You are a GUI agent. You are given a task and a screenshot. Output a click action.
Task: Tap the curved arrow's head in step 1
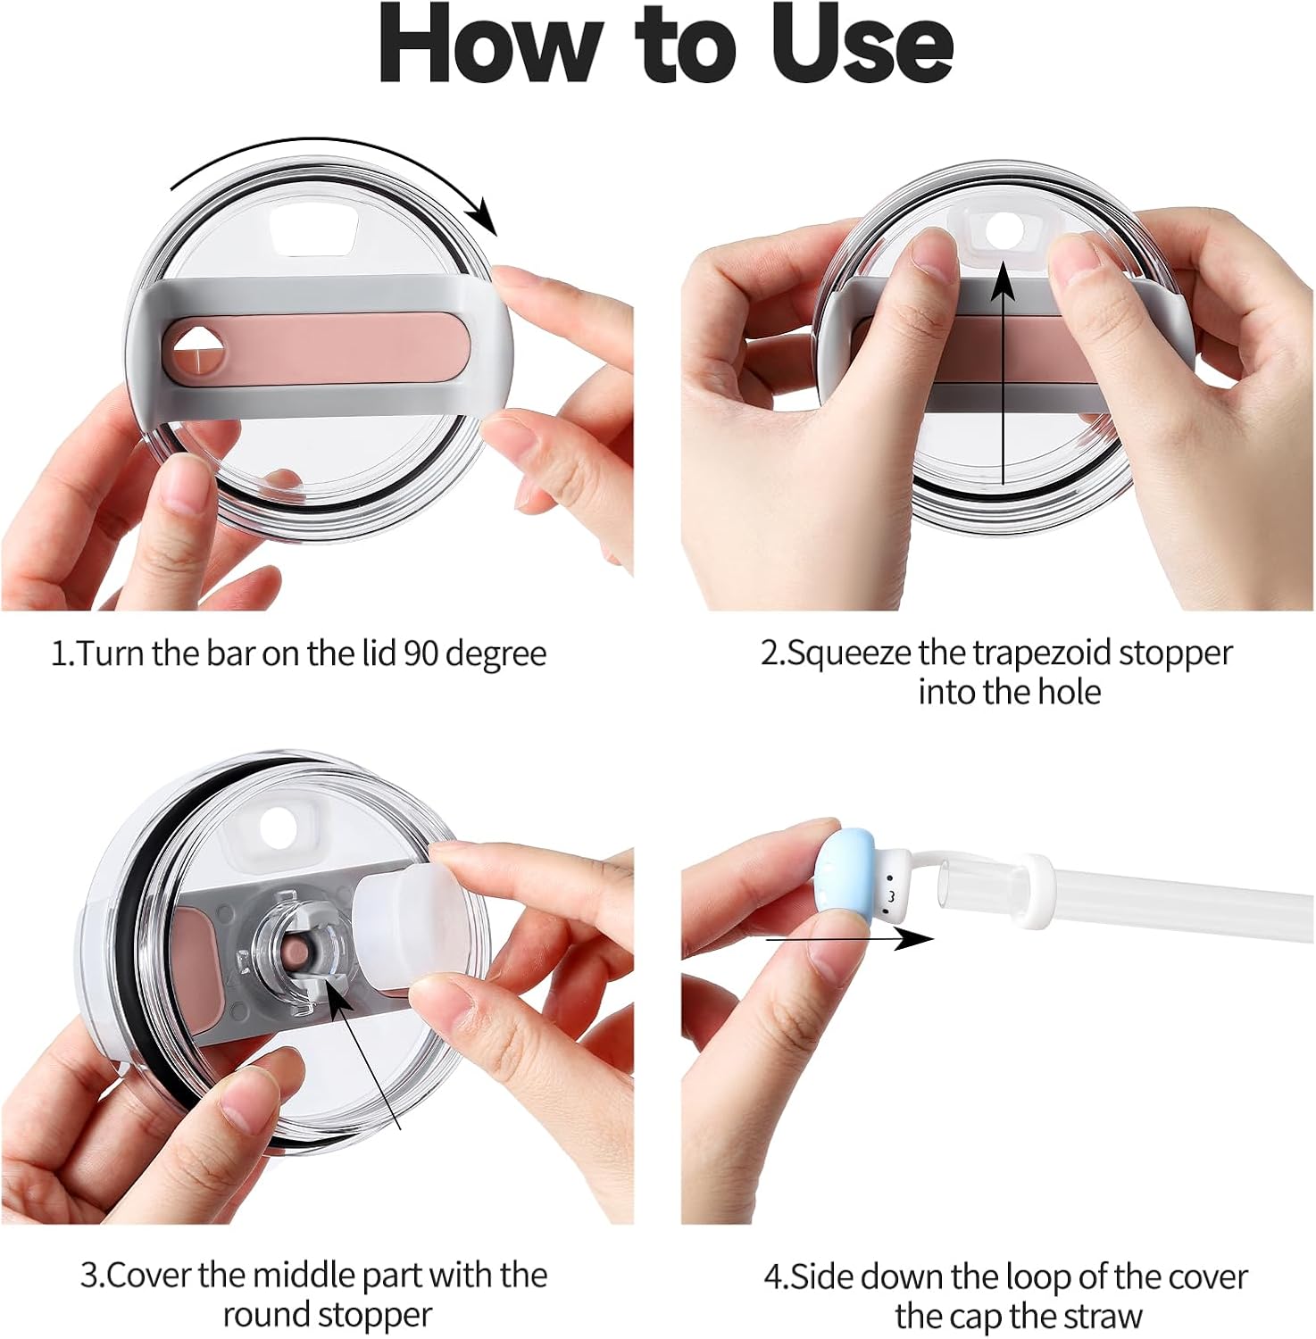pyautogui.click(x=483, y=215)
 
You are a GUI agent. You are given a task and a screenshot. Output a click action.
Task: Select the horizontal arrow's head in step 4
pyautogui.click(x=914, y=938)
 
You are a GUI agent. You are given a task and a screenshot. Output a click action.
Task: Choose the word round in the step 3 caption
pyautogui.click(x=265, y=1315)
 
